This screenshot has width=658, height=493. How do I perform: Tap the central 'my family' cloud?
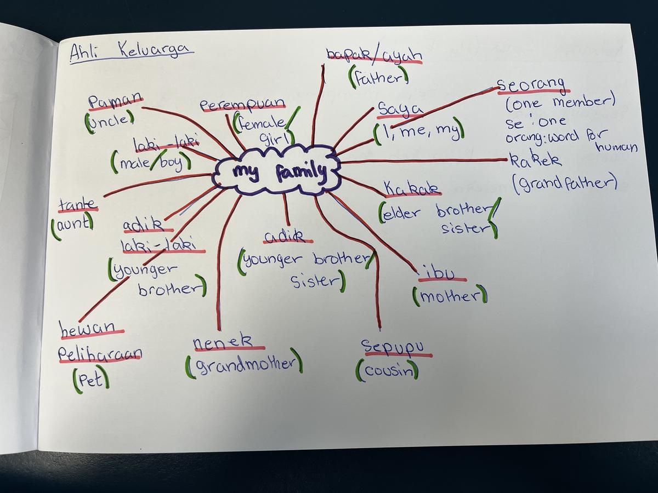pyautogui.click(x=277, y=171)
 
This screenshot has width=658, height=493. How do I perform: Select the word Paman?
pyautogui.click(x=115, y=101)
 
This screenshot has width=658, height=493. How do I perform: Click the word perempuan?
pyautogui.click(x=242, y=104)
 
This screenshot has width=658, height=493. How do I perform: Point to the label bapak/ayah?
pyautogui.click(x=374, y=55)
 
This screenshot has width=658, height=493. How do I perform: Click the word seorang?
pyautogui.click(x=531, y=85)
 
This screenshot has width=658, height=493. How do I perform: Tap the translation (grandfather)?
pyautogui.click(x=565, y=182)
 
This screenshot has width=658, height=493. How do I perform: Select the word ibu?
pyautogui.click(x=441, y=272)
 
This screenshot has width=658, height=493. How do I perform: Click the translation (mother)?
pyautogui.click(x=450, y=296)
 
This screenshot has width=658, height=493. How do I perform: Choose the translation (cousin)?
pyautogui.click(x=387, y=371)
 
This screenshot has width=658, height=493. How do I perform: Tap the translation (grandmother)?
pyautogui.click(x=244, y=364)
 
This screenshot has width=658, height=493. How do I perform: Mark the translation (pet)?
pyautogui.click(x=90, y=379)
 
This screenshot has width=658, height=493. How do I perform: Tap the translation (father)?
pyautogui.click(x=378, y=77)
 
